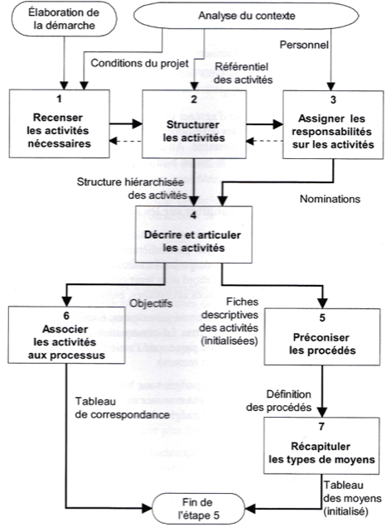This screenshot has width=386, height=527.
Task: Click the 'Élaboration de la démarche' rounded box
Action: point(64,19)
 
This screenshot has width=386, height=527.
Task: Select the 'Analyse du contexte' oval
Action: point(246,16)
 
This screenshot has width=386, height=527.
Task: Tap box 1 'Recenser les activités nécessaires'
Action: point(59,123)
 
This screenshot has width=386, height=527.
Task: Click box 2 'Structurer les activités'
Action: point(194,124)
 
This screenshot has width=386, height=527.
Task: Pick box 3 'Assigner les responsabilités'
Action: point(333,124)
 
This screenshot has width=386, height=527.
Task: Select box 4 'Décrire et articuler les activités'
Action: point(194,234)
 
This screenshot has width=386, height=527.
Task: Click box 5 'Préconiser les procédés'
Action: point(322,336)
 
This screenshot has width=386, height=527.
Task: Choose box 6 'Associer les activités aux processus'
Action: point(66,335)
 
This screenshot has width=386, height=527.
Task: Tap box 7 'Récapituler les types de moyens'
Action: point(321,446)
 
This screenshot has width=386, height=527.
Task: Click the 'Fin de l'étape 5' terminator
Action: point(198,509)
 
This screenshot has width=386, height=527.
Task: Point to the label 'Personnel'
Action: point(304,45)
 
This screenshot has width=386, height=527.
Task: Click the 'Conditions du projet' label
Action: point(140,63)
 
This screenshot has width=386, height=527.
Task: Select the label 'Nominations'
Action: point(330,199)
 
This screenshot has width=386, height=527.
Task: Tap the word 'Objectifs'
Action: point(151,303)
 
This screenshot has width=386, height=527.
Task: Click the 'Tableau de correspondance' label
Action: point(123,408)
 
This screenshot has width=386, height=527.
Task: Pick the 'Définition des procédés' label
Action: point(279,400)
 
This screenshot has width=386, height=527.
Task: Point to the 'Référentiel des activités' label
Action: point(243,73)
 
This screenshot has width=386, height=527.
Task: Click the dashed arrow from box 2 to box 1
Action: point(126,141)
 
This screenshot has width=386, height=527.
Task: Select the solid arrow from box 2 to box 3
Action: point(265,124)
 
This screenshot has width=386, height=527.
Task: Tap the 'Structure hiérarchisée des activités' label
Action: point(131,188)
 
